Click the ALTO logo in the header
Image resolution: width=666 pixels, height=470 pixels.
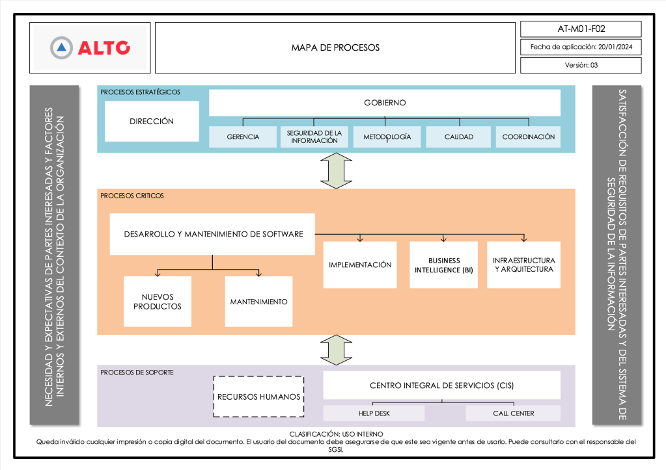tap(90, 47)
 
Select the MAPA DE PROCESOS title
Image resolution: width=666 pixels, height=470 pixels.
tap(335, 47)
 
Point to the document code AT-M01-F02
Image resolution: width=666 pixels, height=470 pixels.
tap(581, 29)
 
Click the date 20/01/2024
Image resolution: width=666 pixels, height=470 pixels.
tap(618, 47)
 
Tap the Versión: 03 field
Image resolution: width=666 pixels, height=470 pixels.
tap(581, 65)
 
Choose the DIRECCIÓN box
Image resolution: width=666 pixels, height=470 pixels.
tap(152, 121)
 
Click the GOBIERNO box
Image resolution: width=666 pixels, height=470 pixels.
tap(384, 103)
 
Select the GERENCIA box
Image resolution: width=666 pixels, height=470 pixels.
tap(243, 137)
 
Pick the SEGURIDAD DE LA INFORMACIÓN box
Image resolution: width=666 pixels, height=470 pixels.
tap(314, 137)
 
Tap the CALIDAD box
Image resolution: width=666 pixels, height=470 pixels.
tap(459, 137)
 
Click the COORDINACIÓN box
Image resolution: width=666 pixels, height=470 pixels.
tap(528, 137)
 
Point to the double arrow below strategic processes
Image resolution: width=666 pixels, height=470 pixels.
tap(336, 171)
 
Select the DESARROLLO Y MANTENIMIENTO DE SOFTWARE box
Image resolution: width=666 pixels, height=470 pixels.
tap(212, 234)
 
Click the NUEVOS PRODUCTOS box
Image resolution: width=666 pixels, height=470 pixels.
tap(158, 302)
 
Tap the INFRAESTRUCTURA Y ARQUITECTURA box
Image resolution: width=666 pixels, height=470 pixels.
tap(523, 265)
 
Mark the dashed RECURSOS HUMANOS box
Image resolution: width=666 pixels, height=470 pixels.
tap(258, 397)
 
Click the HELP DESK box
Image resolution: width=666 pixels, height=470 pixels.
tap(374, 413)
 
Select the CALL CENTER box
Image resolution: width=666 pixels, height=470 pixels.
tap(513, 413)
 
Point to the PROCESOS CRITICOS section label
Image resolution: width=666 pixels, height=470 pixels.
tap(132, 196)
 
